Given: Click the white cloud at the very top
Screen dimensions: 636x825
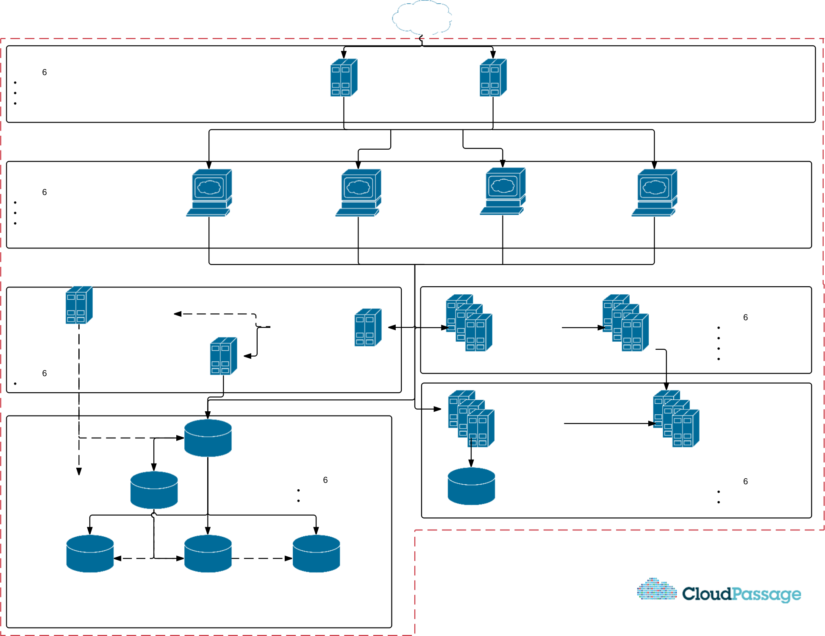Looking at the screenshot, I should [422, 17].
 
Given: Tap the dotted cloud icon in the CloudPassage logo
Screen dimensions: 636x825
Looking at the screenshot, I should [657, 589].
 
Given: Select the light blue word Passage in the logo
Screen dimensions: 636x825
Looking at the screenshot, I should [767, 594].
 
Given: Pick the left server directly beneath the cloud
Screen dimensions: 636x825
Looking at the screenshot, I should [344, 78].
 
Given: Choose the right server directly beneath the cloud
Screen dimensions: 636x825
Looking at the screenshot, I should [493, 78].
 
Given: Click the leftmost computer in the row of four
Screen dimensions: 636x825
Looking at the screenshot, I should [209, 193].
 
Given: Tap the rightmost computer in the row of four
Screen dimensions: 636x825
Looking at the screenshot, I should [654, 193].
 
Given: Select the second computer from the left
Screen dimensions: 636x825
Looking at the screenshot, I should [358, 193].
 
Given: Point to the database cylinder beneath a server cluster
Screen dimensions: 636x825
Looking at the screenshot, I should [471, 486].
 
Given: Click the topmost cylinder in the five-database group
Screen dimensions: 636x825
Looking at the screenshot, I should [208, 438].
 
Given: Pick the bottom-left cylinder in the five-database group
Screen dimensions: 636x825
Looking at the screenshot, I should [90, 554].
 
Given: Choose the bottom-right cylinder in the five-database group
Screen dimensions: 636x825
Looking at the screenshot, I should [316, 554].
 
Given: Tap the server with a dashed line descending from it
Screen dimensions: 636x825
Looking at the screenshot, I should [79, 305].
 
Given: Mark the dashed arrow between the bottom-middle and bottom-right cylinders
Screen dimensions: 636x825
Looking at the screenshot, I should [262, 558].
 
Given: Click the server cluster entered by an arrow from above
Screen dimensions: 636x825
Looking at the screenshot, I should [676, 418].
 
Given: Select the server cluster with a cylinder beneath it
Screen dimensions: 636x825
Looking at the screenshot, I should [471, 418].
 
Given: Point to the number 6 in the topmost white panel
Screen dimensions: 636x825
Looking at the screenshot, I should [44, 73].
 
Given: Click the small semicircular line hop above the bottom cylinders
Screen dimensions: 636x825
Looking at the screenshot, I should [154, 515].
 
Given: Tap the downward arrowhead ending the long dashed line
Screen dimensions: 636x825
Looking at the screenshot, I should [79, 471].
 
